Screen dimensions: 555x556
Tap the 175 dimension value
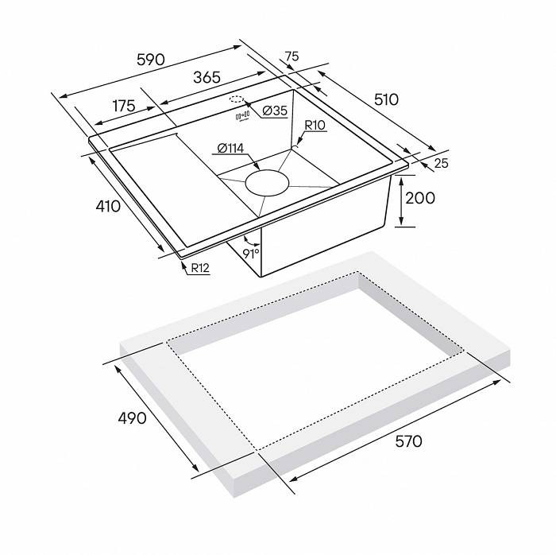[124, 106]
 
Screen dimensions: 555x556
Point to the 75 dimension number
[291, 56]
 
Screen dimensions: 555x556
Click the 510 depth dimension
[386, 99]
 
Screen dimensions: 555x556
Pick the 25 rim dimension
[442, 164]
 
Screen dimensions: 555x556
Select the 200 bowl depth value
[419, 197]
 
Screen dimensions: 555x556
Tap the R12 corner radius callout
[199, 268]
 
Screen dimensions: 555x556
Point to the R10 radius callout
[315, 126]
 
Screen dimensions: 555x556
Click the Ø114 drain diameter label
[229, 148]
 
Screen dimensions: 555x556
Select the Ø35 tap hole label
[273, 111]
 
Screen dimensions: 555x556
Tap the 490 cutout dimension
[131, 417]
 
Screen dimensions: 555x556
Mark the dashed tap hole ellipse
[236, 100]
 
